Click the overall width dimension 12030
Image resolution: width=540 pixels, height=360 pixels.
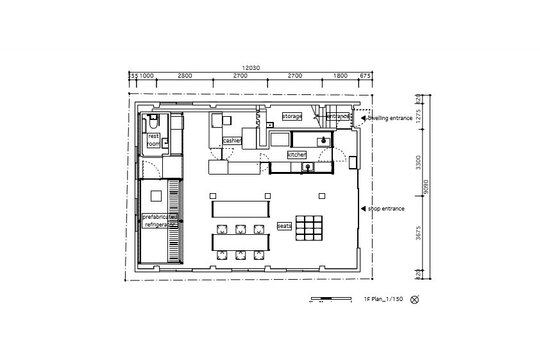(251, 68)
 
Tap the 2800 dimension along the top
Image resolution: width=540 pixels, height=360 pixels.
(185, 76)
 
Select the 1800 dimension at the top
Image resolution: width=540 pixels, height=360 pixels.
(341, 76)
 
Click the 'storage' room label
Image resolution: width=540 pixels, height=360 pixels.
(292, 116)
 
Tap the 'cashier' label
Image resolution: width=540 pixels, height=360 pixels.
(232, 141)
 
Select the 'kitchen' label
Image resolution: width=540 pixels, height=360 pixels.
(296, 155)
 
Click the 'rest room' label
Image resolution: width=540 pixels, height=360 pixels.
(153, 141)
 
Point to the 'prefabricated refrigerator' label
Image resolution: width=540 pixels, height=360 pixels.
(159, 221)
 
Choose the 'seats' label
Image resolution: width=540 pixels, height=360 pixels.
(283, 226)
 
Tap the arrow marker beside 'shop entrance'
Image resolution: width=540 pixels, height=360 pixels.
(363, 209)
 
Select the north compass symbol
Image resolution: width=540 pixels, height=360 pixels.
(414, 299)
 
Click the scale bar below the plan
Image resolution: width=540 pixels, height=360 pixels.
(330, 299)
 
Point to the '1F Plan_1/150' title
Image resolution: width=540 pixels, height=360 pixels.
(383, 299)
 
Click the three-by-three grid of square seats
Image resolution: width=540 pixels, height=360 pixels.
(308, 227)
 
